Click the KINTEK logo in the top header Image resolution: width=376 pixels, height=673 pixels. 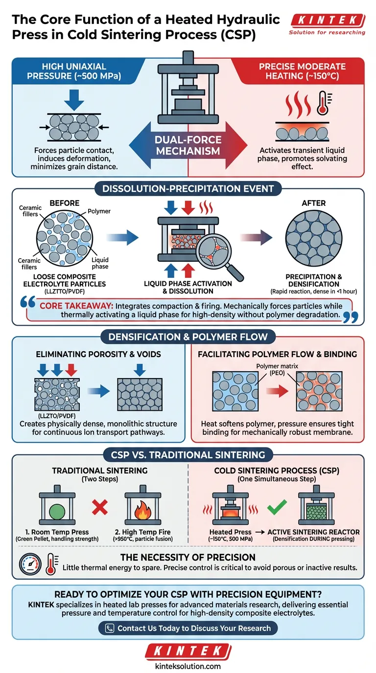coord(327,21)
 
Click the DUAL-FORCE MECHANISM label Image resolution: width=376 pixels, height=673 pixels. coord(188,145)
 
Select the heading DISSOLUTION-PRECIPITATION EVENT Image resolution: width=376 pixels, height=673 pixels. coord(188,188)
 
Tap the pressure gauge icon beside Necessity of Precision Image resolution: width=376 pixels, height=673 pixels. coord(30,564)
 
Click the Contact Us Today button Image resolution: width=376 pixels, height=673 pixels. coord(188,628)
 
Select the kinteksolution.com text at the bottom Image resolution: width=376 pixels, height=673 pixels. coord(188,666)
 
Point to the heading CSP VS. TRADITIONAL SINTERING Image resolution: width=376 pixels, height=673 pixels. coord(188,455)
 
